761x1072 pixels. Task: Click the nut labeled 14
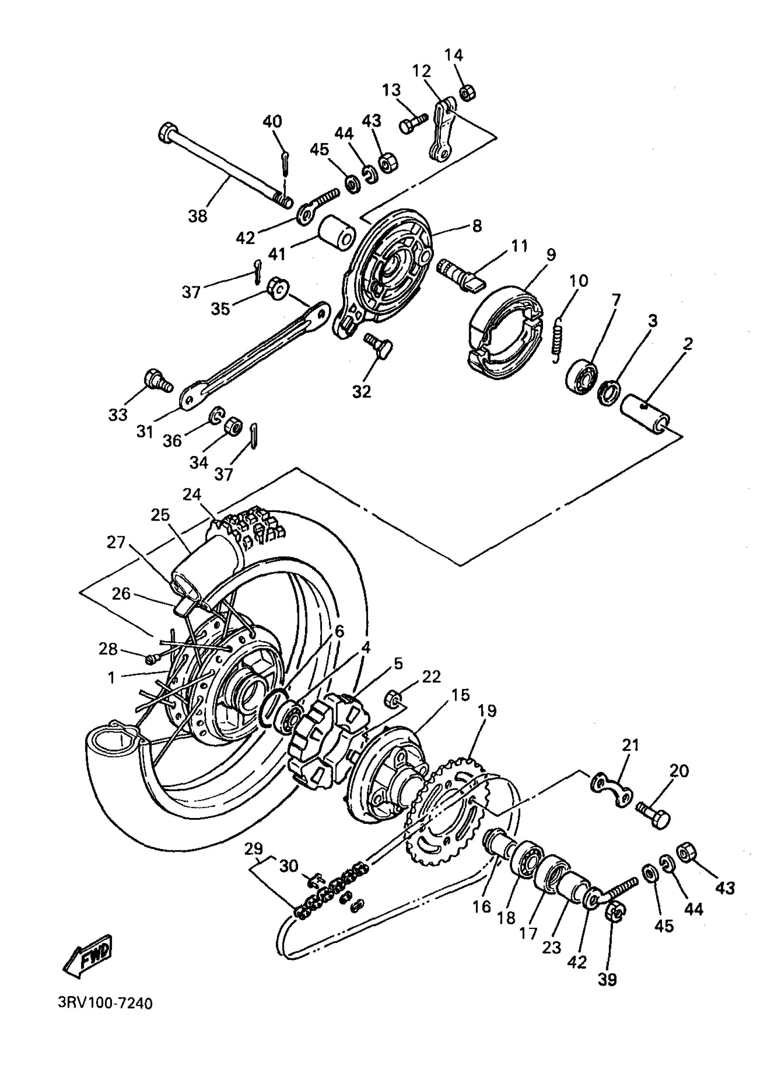467,93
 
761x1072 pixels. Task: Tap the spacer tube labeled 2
644,409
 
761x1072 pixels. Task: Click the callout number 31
145,431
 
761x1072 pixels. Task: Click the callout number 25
160,515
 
